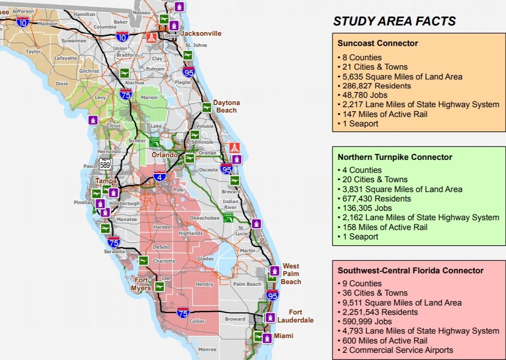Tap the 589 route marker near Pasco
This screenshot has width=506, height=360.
coord(105,164)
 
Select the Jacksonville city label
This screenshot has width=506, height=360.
coord(201,33)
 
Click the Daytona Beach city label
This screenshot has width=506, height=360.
coord(226,106)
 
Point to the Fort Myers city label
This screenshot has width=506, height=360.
coord(142,284)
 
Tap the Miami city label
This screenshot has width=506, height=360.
coord(284,336)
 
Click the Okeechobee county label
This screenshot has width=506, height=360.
coord(205,218)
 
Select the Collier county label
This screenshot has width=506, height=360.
coord(197,321)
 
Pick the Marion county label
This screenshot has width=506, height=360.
coord(149,97)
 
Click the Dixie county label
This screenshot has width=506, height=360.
coord(62,84)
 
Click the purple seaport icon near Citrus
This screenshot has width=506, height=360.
coord(93,120)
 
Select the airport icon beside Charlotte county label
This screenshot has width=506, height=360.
coord(143,260)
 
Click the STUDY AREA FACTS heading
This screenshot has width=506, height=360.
coord(394,21)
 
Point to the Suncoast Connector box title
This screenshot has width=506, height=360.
coord(377,43)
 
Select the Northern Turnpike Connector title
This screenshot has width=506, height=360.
coord(395,157)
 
